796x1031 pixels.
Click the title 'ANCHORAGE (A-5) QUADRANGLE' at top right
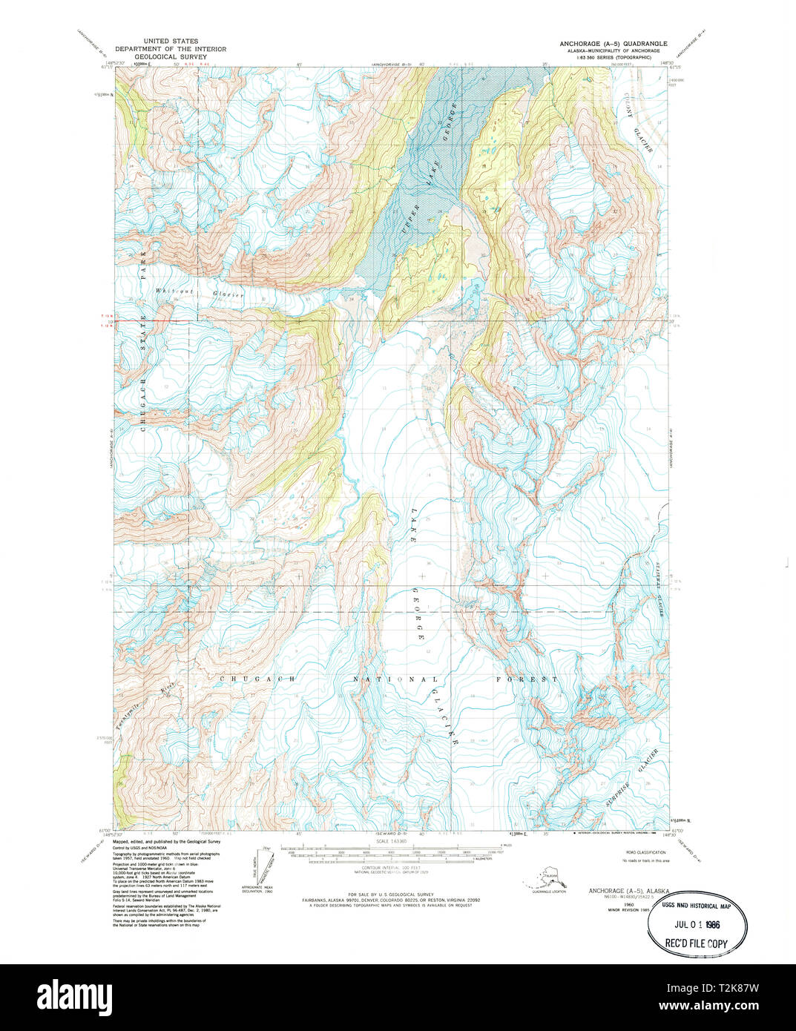point(614,44)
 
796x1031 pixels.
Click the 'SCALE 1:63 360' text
point(392,840)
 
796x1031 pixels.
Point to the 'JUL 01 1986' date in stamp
point(697,926)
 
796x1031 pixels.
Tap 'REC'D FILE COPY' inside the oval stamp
point(697,943)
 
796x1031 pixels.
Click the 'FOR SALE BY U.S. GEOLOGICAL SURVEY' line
point(391,895)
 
